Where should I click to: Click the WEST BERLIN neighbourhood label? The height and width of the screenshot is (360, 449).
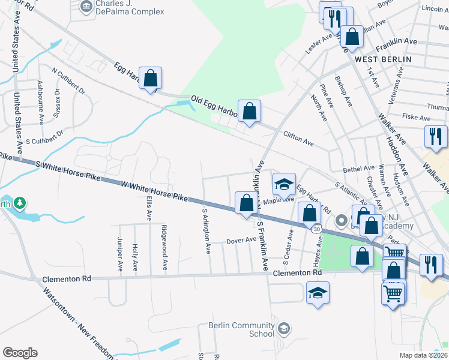point(382,59)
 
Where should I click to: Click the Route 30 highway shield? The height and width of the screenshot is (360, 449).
point(316,228)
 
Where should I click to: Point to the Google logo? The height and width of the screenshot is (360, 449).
point(20,353)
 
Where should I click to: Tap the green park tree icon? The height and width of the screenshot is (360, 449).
point(20,203)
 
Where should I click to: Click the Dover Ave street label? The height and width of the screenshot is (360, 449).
point(242,241)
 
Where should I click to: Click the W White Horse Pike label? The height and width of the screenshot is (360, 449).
point(154,191)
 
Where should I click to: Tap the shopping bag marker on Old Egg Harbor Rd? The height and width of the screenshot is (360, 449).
point(249,111)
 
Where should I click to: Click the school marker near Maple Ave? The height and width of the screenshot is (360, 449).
point(285,184)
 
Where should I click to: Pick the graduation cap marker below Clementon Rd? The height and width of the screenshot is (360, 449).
point(318,293)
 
